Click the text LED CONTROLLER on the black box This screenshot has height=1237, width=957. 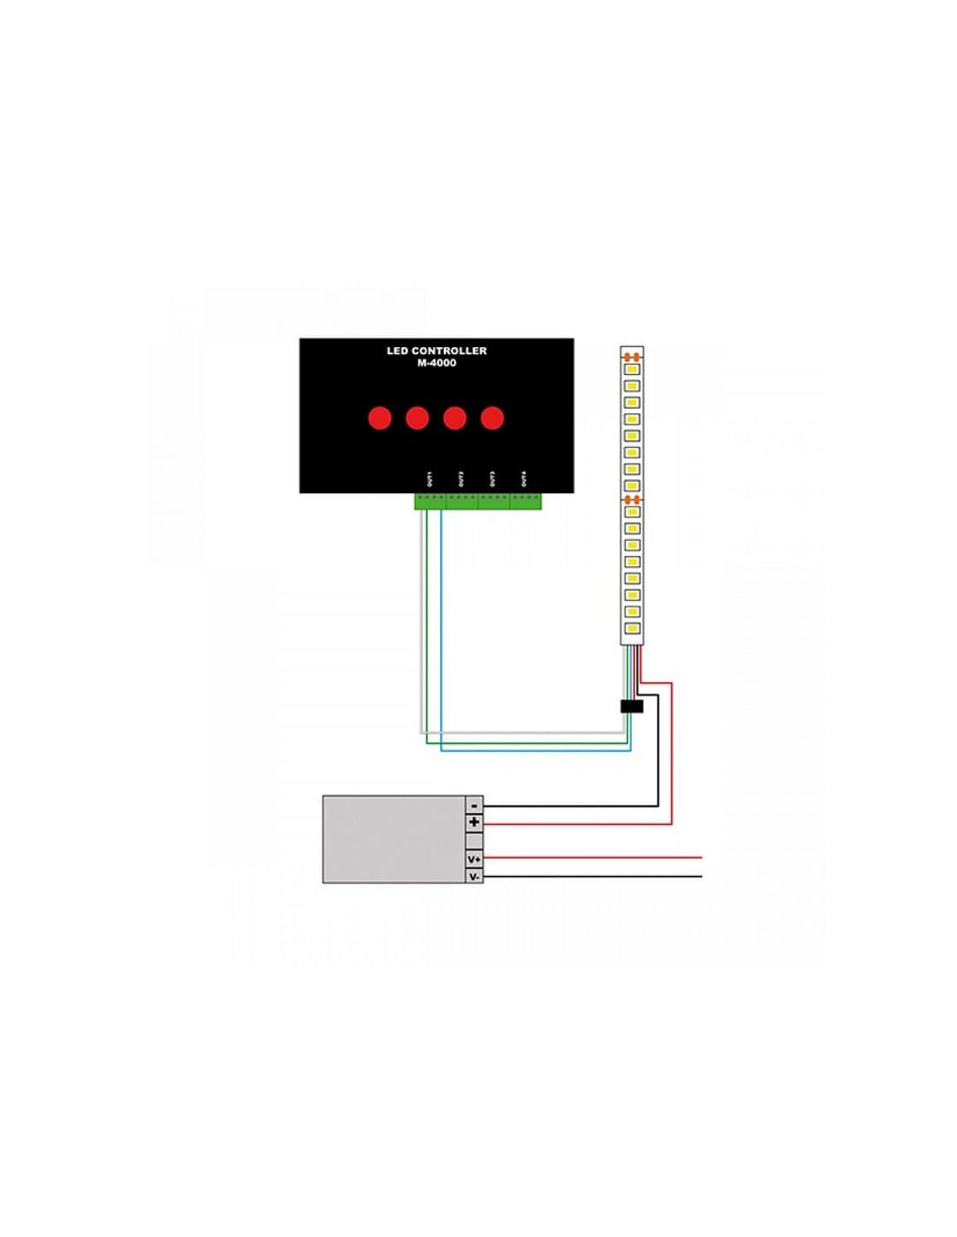pyautogui.click(x=437, y=351)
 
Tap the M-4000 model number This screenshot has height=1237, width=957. pyautogui.click(x=437, y=363)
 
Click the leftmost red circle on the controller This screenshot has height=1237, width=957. pyautogui.click(x=380, y=418)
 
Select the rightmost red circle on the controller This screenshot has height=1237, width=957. pyautogui.click(x=492, y=418)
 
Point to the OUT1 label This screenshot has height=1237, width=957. pyautogui.click(x=430, y=479)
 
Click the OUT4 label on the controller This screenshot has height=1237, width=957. pyautogui.click(x=524, y=479)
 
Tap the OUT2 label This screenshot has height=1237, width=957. pyautogui.click(x=461, y=479)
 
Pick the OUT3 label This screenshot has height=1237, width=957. pyautogui.click(x=492, y=479)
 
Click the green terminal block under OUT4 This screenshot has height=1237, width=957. pyautogui.click(x=525, y=501)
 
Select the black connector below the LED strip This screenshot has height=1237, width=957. pyautogui.click(x=632, y=706)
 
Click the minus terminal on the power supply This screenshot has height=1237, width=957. pyautogui.click(x=474, y=805)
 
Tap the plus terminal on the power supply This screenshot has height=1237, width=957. pyautogui.click(x=474, y=822)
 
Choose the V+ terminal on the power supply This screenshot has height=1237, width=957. pyautogui.click(x=474, y=859)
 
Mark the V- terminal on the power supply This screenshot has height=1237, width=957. pyautogui.click(x=474, y=876)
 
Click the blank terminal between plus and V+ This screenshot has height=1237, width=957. pyautogui.click(x=474, y=840)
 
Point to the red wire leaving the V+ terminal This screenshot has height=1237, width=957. pyautogui.click(x=592, y=857)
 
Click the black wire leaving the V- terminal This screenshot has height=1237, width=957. pyautogui.click(x=592, y=876)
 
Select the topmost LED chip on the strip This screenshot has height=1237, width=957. pyautogui.click(x=632, y=370)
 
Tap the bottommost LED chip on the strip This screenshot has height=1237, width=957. pyautogui.click(x=632, y=628)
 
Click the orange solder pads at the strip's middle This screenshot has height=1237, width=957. pyautogui.click(x=632, y=500)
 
